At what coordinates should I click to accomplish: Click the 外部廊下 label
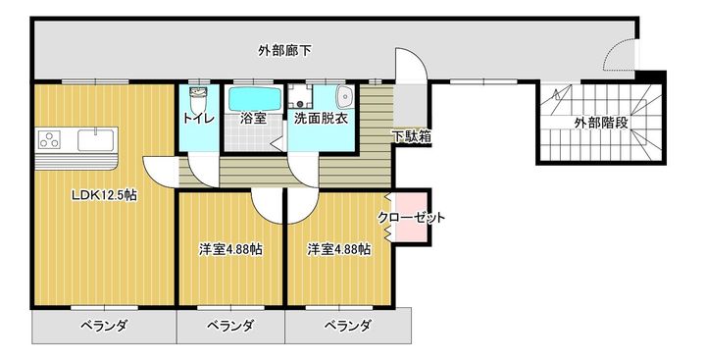(286, 49)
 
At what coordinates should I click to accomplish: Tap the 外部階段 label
(602, 124)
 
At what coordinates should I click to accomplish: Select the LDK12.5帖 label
(103, 194)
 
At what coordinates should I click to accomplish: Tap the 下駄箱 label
(412, 136)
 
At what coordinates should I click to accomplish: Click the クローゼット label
(411, 218)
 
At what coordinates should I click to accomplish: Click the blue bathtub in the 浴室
(254, 99)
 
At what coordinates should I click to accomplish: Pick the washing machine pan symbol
(301, 98)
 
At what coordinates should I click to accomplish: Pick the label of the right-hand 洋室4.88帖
(338, 249)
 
